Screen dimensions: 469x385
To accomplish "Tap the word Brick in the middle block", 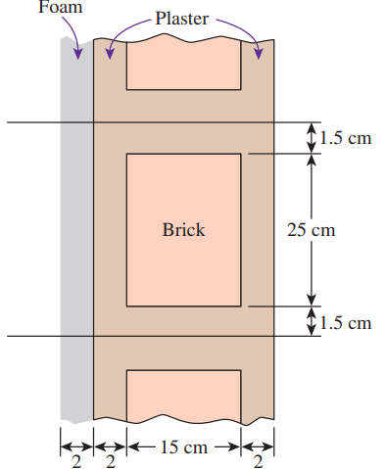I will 184,231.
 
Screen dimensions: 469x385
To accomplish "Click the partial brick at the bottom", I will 184,396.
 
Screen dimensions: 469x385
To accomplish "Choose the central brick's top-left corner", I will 127,154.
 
